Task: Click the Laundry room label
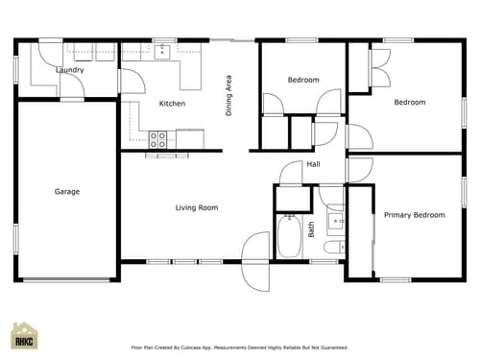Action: pos(70,70)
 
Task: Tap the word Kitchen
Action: pos(172,104)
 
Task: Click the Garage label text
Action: pos(67,192)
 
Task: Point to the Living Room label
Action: pos(196,207)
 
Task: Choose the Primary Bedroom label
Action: pos(414,215)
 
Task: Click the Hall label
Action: pos(313,165)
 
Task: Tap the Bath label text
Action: pos(311,229)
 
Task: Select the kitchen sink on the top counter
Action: pos(162,52)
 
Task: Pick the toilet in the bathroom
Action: pos(332,248)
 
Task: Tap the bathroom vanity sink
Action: pos(335,222)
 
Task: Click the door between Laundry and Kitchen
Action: pos(121,81)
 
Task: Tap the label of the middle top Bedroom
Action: pos(303,80)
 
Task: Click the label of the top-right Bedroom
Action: pos(410,102)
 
